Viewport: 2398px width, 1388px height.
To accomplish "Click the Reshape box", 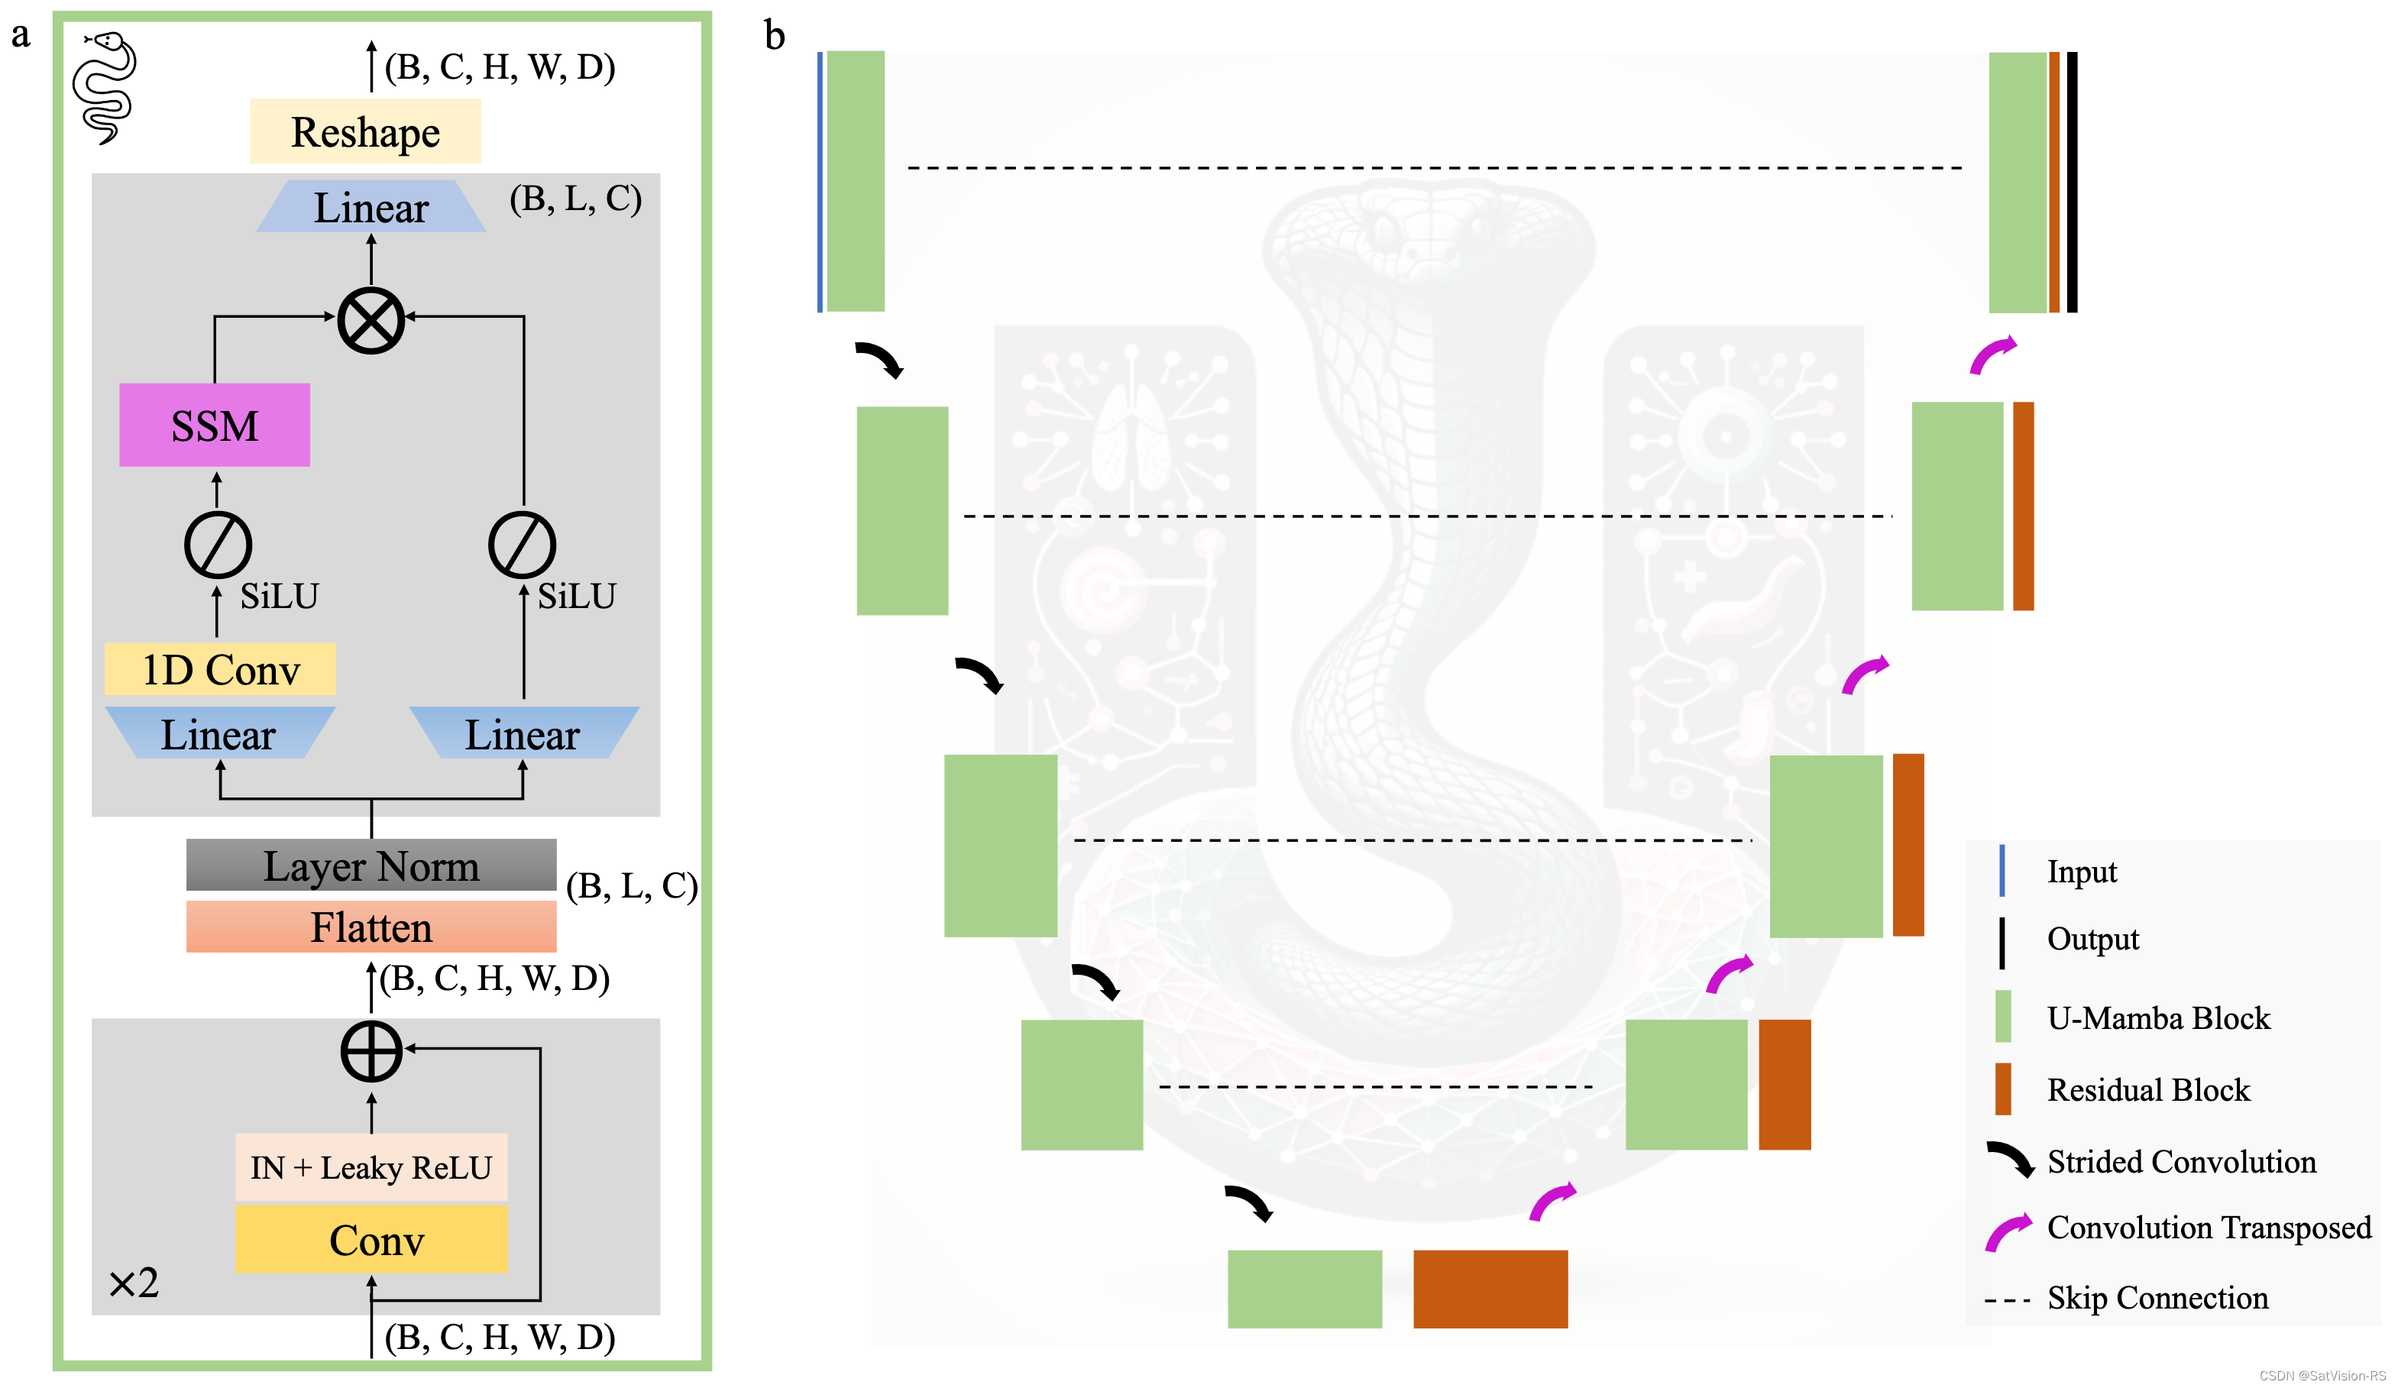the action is [x=364, y=131].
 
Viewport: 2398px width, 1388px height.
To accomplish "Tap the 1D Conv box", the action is [x=220, y=670].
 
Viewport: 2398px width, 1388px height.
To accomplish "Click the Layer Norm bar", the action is [x=371, y=865].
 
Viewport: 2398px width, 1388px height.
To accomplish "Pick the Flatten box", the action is [x=371, y=927].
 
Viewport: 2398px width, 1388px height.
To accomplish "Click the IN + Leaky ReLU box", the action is [x=371, y=1167].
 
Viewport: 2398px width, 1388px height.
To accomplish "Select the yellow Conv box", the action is [x=371, y=1240].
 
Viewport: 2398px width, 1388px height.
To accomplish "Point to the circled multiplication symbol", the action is [x=371, y=321].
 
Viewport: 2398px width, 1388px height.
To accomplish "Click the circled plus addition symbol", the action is [x=371, y=1052].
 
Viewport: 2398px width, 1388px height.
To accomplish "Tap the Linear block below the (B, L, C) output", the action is [x=371, y=207].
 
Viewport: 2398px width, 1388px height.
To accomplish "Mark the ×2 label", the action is [x=133, y=1283].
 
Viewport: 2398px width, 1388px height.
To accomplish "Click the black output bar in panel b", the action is [x=2072, y=182].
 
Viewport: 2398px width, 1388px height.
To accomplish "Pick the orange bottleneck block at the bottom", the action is [x=1490, y=1289].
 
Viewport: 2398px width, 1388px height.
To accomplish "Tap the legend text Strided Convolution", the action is [x=2181, y=1162].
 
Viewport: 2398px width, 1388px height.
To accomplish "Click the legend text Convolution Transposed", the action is [x=2209, y=1228].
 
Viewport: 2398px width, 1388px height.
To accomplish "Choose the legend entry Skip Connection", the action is [x=2157, y=1298].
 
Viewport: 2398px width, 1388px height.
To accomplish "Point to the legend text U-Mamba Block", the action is [x=2158, y=1018].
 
